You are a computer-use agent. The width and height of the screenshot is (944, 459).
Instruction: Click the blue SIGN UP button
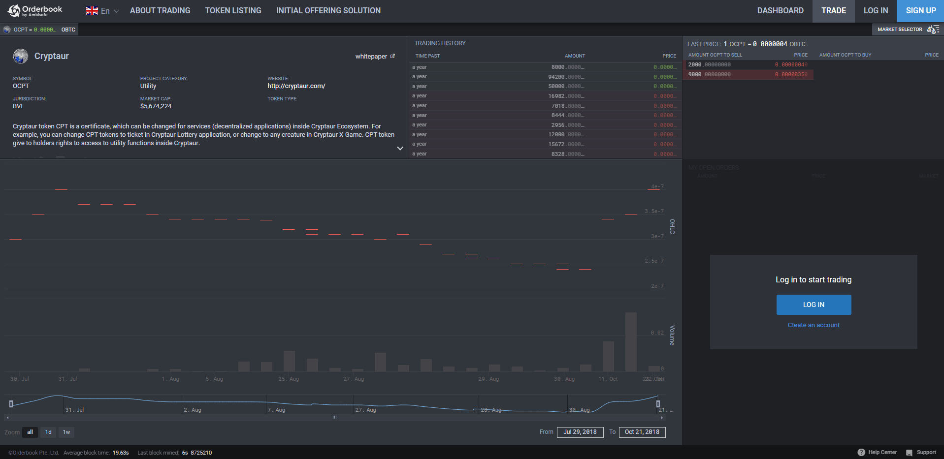(920, 11)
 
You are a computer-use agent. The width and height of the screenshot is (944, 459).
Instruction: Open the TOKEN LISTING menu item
(233, 11)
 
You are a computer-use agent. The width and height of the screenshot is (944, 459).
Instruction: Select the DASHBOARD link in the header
(780, 11)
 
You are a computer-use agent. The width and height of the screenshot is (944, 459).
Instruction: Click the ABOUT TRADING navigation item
(160, 11)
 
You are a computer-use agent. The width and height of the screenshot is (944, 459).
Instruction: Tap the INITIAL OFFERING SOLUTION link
(328, 11)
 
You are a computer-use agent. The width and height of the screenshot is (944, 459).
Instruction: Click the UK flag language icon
(92, 11)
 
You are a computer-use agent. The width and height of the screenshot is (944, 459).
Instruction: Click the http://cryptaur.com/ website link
(296, 86)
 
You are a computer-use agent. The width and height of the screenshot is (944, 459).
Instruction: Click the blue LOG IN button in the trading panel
(814, 305)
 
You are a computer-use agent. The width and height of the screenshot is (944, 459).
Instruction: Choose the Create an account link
(814, 325)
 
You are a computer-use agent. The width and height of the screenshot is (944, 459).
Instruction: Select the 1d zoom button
(48, 432)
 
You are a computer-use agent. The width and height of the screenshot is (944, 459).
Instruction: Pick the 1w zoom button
(66, 432)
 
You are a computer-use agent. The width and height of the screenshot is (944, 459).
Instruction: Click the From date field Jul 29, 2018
(580, 432)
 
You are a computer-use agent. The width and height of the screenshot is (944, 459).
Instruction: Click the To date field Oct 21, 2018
(642, 432)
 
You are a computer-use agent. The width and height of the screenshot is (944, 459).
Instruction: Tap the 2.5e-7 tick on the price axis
(654, 261)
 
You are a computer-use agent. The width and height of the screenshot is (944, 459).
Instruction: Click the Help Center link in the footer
(882, 452)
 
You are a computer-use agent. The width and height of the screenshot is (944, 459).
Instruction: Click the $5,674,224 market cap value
(156, 106)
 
